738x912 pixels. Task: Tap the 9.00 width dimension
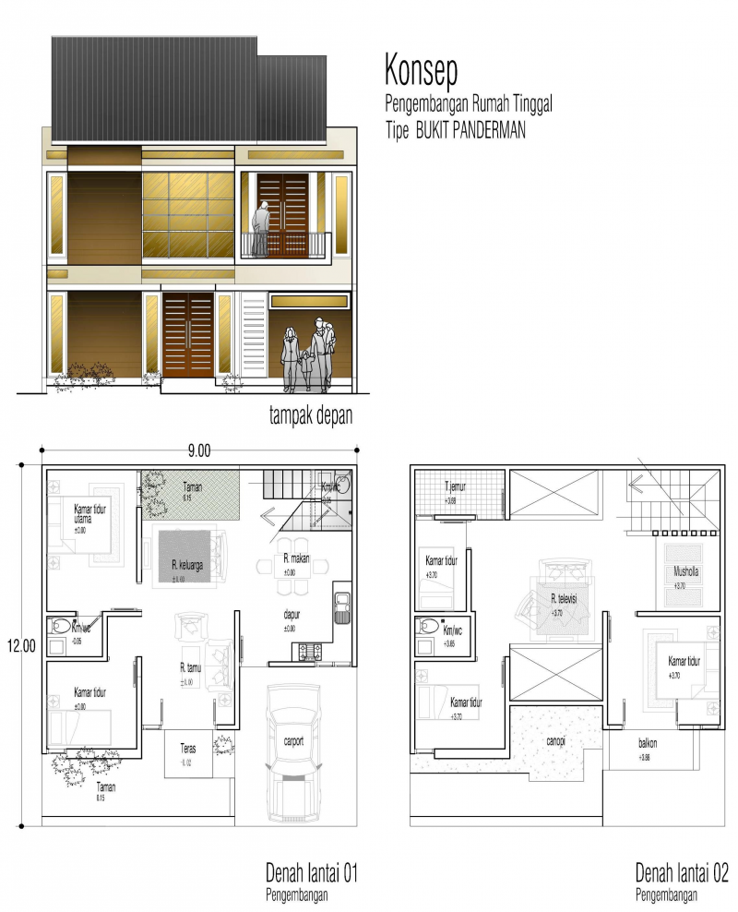[200, 450]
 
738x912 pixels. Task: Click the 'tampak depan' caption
[311, 416]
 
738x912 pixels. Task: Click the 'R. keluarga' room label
[186, 565]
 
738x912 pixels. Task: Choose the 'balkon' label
[647, 743]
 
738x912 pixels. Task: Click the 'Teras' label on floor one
[186, 750]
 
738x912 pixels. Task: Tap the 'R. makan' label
[295, 559]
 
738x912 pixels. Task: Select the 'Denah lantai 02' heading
[682, 872]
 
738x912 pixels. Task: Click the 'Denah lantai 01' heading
[311, 872]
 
